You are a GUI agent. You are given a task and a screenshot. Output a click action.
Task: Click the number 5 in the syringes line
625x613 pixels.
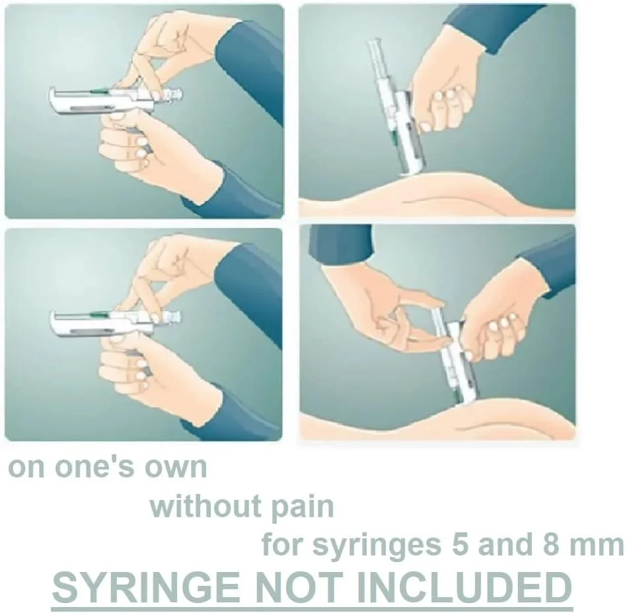tap(459, 544)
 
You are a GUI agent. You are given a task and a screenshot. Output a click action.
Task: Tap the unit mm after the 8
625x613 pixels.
tap(597, 547)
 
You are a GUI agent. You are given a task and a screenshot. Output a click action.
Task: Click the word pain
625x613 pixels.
tap(303, 507)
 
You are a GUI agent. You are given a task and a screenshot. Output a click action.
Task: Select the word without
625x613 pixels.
tap(205, 506)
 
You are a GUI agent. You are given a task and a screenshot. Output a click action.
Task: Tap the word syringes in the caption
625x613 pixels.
tap(377, 547)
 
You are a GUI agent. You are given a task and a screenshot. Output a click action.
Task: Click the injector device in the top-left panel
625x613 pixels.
tap(116, 101)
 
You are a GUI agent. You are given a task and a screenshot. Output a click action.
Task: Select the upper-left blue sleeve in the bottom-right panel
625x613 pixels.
tap(341, 245)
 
